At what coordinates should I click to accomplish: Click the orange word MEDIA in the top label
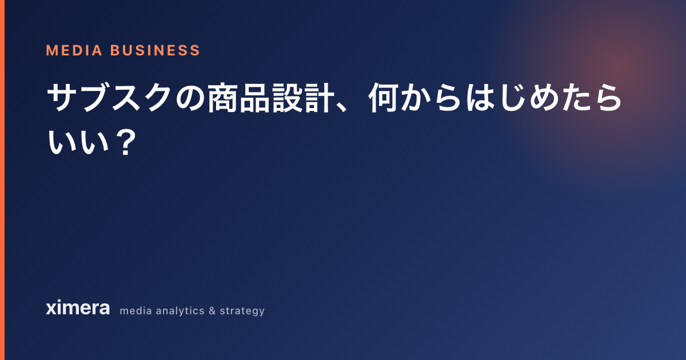click(74, 50)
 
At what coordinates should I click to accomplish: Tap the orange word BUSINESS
click(155, 50)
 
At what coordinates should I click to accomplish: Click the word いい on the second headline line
click(78, 141)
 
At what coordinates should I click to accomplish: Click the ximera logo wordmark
click(78, 307)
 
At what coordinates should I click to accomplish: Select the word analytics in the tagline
click(180, 311)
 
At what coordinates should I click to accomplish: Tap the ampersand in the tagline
click(212, 311)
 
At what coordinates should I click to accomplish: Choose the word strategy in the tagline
click(242, 311)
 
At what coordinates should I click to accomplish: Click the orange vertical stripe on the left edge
click(2, 180)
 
